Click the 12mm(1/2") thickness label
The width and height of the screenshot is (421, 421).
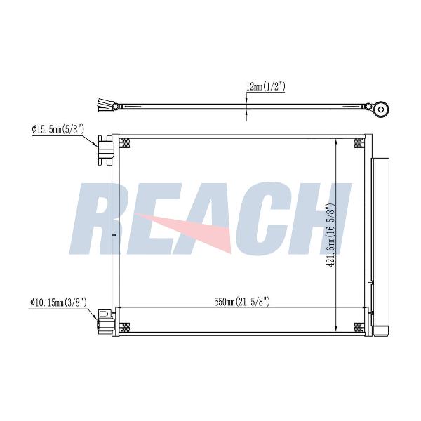[265, 87]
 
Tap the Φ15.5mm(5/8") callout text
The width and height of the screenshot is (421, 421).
[58, 130]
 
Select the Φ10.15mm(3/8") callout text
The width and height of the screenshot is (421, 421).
[58, 302]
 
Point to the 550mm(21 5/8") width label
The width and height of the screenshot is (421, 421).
[241, 302]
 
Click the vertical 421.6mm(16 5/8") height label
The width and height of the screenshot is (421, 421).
[330, 235]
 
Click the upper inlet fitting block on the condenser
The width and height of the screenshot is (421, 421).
[106, 150]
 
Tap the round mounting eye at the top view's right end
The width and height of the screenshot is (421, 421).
[381, 109]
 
